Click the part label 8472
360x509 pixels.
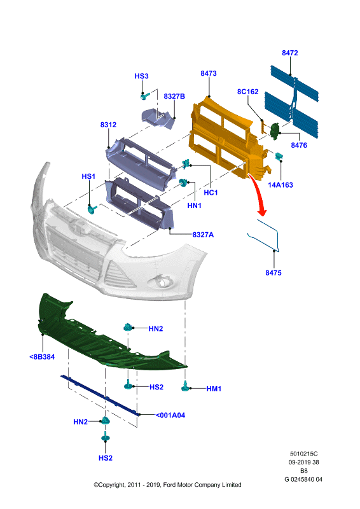coord(289,53)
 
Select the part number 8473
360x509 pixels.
coord(209,73)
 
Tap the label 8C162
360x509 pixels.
coord(247,92)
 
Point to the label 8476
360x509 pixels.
coord(299,145)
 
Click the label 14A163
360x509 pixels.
coord(280,185)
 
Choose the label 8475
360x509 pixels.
coord(273,273)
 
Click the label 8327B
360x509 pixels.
coord(174,97)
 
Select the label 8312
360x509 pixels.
coord(108,125)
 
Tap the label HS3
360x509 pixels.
coord(142,76)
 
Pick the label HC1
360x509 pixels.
coord(211,193)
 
